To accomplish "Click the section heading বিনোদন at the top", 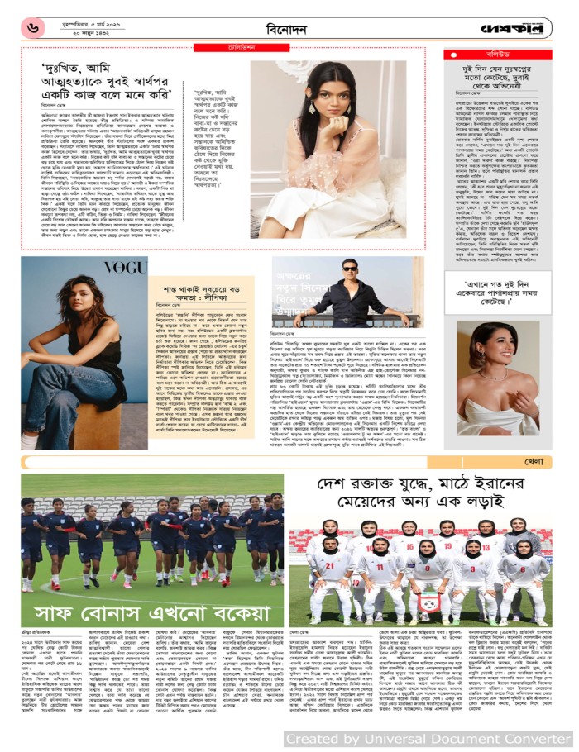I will point(288,28).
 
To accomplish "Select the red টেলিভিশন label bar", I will point(224,50).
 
